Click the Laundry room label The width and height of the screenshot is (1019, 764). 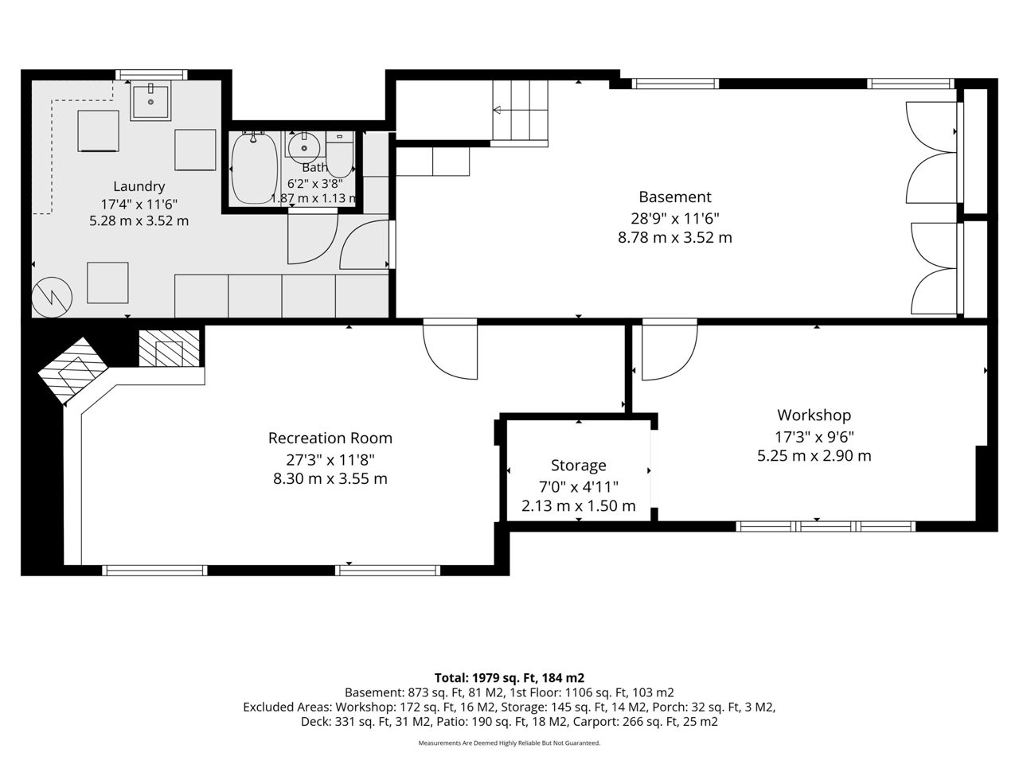coord(139,186)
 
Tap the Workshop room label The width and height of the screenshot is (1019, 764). coord(814,415)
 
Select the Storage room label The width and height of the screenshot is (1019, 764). coord(579,466)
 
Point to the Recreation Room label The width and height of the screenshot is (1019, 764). coord(330,439)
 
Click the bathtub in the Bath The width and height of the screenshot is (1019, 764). coord(255,168)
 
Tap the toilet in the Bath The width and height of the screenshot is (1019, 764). coord(340,154)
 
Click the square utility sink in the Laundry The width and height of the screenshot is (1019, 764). coord(150,100)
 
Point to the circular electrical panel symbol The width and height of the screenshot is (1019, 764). coord(52,298)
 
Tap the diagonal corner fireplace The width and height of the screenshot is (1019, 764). coord(73,371)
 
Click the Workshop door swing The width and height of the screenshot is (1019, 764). coord(670,353)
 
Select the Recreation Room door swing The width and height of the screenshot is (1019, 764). coord(450,352)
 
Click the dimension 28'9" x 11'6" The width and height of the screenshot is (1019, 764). coord(674,218)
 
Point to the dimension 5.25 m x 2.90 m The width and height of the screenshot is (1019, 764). coord(814,456)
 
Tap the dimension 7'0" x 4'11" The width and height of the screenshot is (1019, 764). coord(579,487)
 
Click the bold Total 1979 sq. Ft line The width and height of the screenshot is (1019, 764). coord(509,678)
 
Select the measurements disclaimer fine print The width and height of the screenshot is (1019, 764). coord(509,743)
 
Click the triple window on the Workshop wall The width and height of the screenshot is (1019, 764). coord(826,526)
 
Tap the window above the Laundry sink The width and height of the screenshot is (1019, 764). coord(151,75)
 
